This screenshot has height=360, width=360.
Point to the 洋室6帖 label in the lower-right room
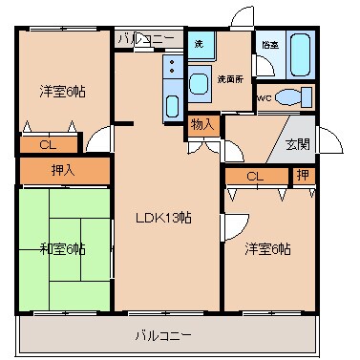coord(267,248)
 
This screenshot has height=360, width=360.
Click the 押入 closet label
coord(63,171)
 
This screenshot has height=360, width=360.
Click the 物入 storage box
coord(202,124)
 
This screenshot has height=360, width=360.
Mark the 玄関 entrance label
coord(298,144)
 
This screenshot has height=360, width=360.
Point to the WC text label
coord(265,96)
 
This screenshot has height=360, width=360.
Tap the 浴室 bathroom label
coord(269,44)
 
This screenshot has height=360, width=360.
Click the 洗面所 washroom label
coord(230,77)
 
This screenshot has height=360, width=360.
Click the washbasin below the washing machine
coord(200,84)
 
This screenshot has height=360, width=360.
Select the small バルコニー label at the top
coord(146,40)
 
